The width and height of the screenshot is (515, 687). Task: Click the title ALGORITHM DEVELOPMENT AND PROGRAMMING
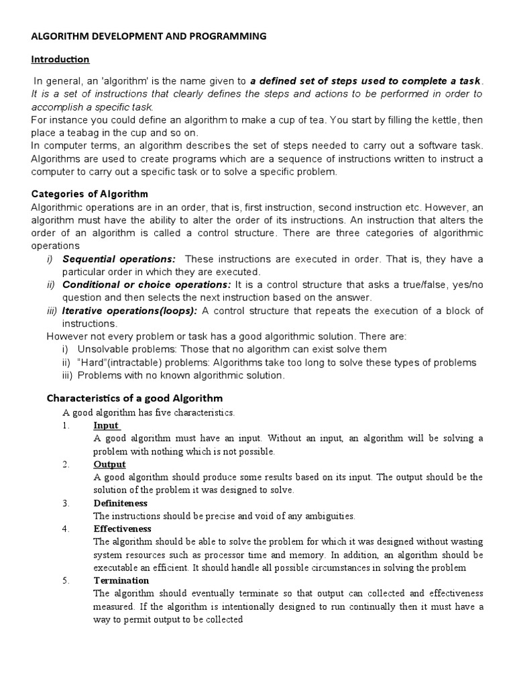point(149,36)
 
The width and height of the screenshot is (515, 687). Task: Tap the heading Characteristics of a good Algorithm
point(133,398)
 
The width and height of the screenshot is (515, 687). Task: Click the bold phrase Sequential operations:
point(119,259)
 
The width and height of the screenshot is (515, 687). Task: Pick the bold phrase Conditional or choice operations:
point(147,284)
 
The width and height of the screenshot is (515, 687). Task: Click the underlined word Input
point(107,425)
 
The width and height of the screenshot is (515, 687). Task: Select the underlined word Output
point(109,464)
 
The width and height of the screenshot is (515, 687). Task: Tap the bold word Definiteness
point(120,503)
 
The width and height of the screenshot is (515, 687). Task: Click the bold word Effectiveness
point(122,529)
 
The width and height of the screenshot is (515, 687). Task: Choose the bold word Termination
point(121,580)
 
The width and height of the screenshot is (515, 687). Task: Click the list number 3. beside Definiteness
point(66,503)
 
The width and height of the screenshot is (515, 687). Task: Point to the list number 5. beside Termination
point(66,580)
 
